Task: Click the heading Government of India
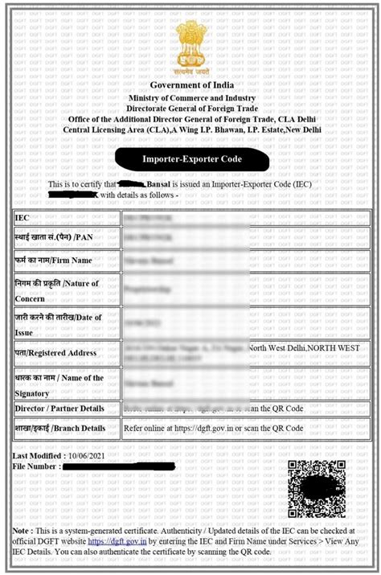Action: click(191, 85)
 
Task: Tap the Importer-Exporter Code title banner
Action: click(191, 159)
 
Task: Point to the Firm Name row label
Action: click(53, 261)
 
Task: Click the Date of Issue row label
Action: click(58, 322)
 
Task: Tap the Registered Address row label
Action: click(55, 352)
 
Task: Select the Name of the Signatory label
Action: click(59, 385)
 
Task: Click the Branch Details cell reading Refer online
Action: click(213, 429)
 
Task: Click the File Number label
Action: click(36, 466)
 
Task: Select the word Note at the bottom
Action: click(22, 532)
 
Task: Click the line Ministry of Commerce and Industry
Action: click(191, 98)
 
